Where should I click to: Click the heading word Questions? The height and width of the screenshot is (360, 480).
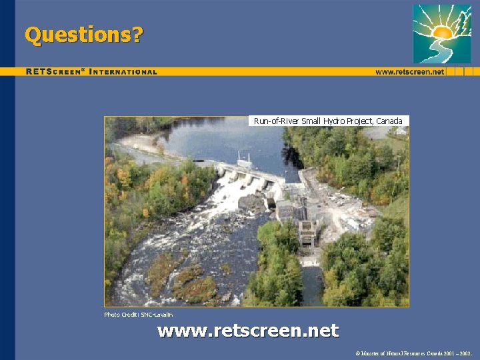(83, 34)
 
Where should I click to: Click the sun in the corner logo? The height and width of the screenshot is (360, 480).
(442, 31)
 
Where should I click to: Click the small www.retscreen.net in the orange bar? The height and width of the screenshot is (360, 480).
(409, 71)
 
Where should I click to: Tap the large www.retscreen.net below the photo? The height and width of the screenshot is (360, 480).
(248, 330)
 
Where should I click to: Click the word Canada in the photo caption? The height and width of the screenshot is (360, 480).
(389, 121)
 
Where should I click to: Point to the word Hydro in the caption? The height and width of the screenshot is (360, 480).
(334, 121)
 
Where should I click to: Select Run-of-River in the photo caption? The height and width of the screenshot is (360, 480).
(276, 121)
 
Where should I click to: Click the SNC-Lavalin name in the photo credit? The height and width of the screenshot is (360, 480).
(157, 314)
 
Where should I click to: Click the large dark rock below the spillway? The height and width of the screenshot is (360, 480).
(252, 203)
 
